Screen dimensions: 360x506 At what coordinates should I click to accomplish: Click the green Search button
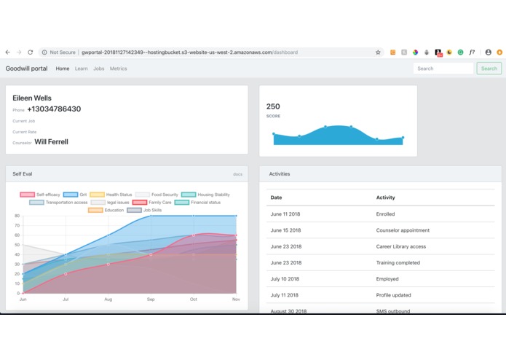pos(489,69)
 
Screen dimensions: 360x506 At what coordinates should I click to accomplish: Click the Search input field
pos(443,69)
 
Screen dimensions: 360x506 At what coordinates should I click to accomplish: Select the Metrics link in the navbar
pos(118,69)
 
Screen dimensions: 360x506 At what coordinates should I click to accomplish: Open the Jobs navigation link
pos(99,69)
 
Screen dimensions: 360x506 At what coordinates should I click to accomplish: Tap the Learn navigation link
pos(81,69)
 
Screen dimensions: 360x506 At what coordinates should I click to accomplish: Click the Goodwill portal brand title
pos(26,69)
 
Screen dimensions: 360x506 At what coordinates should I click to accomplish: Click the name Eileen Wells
pos(32,98)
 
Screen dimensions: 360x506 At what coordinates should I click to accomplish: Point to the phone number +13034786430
pos(54,109)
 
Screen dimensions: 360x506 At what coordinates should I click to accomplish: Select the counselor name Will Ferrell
pos(51,142)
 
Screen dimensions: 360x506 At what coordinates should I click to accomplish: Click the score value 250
pos(273,106)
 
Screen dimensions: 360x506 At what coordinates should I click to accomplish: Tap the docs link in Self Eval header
pos(237,174)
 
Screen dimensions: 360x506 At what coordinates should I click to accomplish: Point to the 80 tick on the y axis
pos(17,216)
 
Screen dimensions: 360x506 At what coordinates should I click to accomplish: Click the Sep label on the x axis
pos(151,300)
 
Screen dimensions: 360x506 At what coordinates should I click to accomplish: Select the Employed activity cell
pos(387,279)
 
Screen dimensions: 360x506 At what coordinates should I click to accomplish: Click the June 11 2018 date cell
pos(285,214)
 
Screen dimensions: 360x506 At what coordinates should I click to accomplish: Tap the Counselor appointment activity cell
pos(403,230)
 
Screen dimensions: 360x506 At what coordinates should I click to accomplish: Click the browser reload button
pos(31,52)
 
